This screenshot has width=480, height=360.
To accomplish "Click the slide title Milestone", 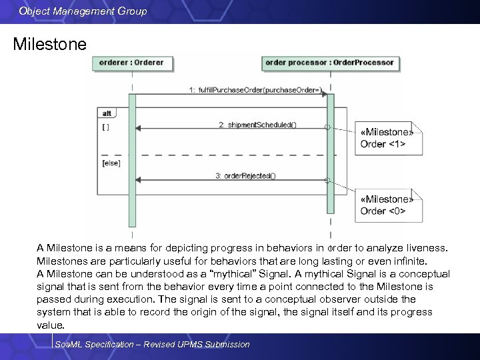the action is [50, 45].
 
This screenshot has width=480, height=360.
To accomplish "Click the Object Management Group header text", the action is [83, 11].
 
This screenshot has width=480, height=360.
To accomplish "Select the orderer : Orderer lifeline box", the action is [131, 63].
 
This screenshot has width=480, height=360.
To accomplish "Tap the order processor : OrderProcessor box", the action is [330, 63].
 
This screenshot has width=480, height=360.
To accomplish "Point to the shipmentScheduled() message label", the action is [257, 124].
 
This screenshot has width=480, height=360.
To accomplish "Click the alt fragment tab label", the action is [105, 113].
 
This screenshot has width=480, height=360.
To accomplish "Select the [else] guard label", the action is [111, 163].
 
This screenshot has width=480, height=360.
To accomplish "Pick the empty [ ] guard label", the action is [106, 126].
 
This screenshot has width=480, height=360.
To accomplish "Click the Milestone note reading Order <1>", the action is [386, 138].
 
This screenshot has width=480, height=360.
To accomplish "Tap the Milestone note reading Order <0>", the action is [386, 205].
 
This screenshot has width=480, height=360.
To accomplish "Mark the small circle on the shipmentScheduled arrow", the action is [327, 127].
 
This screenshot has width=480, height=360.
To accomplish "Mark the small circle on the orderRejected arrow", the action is [327, 180].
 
